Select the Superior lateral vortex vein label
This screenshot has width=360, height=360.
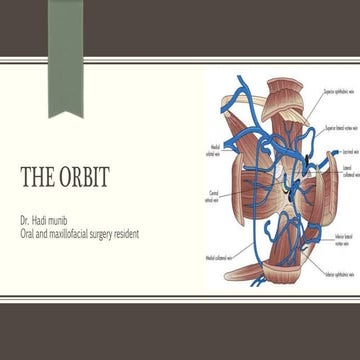click(x=340, y=129)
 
